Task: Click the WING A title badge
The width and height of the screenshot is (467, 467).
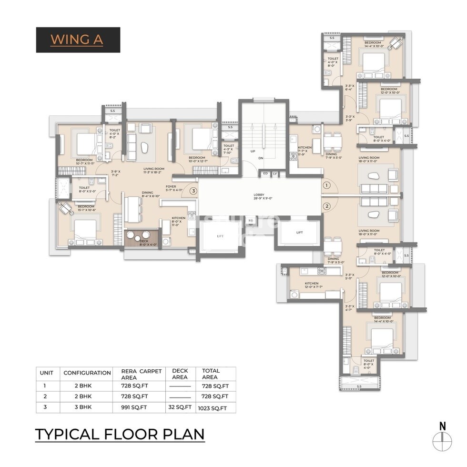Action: [x=78, y=40]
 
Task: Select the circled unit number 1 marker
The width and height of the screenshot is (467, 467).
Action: [x=326, y=184]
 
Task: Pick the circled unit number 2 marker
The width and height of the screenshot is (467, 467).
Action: [x=326, y=206]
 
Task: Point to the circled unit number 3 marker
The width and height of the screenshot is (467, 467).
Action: [x=193, y=191]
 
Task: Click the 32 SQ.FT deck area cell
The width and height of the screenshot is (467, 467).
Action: [x=180, y=407]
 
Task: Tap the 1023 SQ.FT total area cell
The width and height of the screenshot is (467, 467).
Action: [x=215, y=408]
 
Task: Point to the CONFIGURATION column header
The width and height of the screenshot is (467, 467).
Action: [x=87, y=373]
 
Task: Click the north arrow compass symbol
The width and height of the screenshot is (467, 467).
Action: [x=442, y=438]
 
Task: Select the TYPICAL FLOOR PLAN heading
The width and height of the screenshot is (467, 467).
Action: [x=120, y=434]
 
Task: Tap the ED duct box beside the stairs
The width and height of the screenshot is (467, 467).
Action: [x=265, y=174]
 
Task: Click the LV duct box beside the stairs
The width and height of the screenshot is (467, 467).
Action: [x=275, y=174]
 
